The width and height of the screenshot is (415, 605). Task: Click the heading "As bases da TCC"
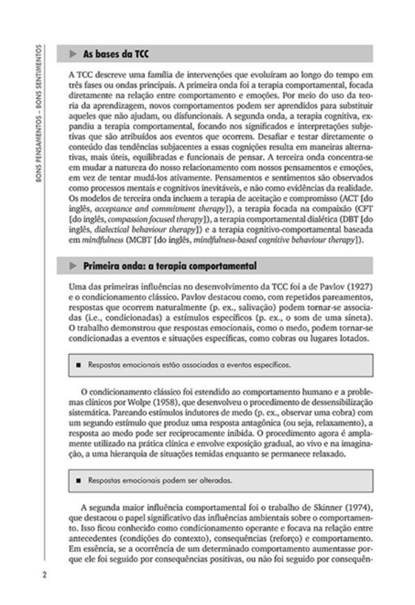tap(115, 54)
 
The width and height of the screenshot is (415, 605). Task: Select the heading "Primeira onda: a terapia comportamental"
tap(169, 266)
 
